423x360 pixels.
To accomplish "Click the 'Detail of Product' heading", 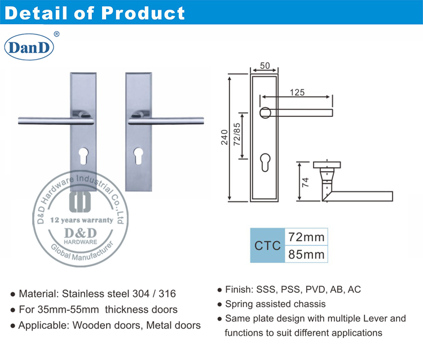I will click(x=95, y=12).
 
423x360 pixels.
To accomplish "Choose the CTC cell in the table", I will click(x=267, y=245).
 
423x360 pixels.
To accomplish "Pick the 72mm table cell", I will click(x=306, y=236).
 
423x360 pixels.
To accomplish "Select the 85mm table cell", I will click(x=306, y=254).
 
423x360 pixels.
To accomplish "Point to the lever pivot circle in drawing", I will click(x=265, y=112).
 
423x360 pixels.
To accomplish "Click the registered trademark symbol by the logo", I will click(x=56, y=34).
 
